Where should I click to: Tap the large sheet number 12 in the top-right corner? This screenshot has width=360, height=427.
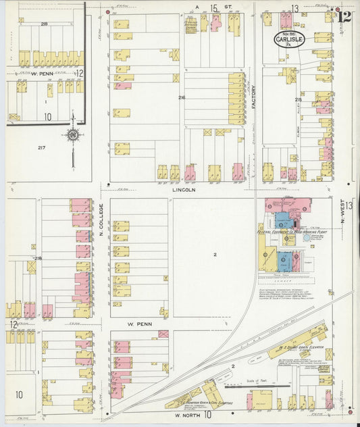[x=344, y=16]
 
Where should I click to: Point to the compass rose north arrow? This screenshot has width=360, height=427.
[x=72, y=137]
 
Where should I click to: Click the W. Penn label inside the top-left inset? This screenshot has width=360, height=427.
[x=42, y=72]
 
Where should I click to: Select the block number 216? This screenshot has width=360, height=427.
[x=182, y=99]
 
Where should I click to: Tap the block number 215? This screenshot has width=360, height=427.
[x=297, y=99]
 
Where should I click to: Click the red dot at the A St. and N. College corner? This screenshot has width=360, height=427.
[x=108, y=12]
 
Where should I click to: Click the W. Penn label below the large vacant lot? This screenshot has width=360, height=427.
[x=137, y=324]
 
